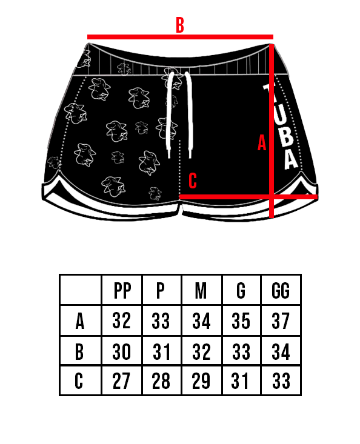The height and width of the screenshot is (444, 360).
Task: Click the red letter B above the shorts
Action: [x=180, y=25]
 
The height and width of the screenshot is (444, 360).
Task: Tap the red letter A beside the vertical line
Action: [x=262, y=143]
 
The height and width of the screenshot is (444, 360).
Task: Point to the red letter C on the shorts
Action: [x=193, y=181]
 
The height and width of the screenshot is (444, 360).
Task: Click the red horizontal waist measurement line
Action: [x=180, y=37]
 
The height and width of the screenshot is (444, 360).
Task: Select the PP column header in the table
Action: [x=122, y=291]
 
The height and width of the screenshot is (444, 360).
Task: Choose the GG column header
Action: [x=281, y=291]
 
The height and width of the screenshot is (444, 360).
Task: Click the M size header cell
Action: [x=201, y=291]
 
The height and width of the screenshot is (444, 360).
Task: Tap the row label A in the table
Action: [x=80, y=321]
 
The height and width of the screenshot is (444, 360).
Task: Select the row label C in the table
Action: [x=79, y=380]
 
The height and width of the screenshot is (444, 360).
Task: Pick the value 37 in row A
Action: [x=281, y=321]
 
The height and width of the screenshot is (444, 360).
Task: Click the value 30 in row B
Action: [x=121, y=352]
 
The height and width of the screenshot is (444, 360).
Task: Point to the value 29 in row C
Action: [x=201, y=380]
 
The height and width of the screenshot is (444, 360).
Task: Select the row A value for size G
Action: [x=241, y=321]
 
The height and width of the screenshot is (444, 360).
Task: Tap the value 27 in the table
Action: [x=121, y=380]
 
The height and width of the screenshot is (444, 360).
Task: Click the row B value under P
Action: [x=162, y=352]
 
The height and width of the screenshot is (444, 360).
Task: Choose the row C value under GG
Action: [x=281, y=380]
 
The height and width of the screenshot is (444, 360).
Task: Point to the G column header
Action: [x=241, y=291]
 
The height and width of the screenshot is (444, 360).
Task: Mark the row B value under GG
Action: [x=281, y=352]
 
